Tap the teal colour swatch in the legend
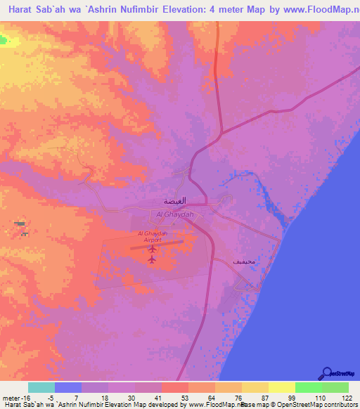41,387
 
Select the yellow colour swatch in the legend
281,387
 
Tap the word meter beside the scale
12,397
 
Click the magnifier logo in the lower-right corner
326,372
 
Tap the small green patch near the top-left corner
8,40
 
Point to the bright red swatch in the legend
175,387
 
